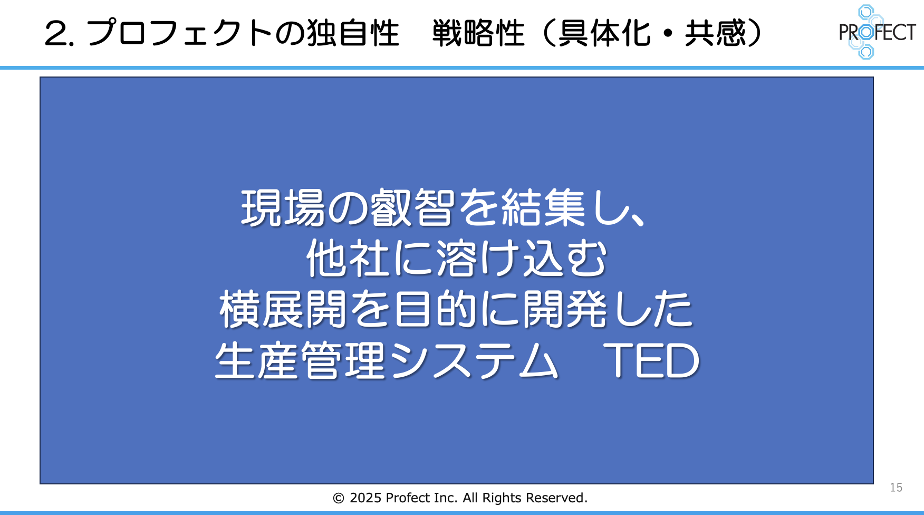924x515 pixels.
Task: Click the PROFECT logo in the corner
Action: (877, 32)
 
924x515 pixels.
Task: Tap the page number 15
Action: (896, 488)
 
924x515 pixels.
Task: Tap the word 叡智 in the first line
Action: (412, 208)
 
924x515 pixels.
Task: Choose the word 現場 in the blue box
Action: (283, 208)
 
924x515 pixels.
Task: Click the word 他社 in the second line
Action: (349, 259)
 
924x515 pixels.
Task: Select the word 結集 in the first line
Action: (543, 208)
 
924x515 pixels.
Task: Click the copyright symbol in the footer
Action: (339, 498)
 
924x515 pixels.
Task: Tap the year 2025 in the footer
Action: (365, 498)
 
